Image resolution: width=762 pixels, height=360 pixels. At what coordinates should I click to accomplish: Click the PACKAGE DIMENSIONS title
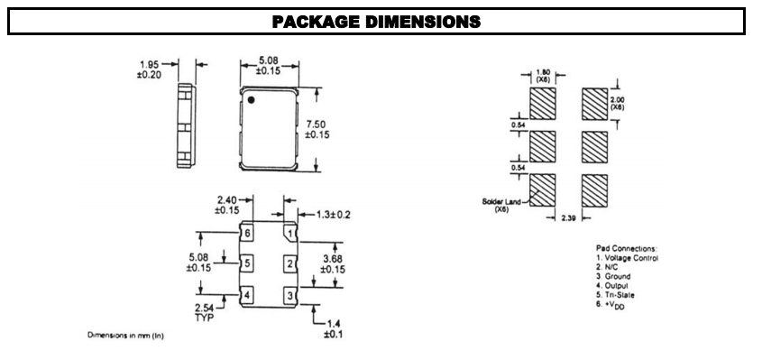380,21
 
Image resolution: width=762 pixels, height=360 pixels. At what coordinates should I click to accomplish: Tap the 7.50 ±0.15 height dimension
342,129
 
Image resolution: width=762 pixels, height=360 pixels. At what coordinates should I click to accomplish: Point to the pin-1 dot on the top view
253,99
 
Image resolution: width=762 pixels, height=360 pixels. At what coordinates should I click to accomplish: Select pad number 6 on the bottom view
246,234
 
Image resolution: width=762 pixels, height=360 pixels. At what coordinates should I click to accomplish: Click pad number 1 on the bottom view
289,234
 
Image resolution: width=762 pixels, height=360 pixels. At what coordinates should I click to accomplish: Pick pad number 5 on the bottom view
246,264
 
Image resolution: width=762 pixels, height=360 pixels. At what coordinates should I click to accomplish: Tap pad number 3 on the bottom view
289,295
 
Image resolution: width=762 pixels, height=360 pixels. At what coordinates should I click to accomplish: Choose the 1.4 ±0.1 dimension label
331,328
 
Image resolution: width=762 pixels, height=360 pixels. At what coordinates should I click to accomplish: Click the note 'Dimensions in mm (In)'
125,336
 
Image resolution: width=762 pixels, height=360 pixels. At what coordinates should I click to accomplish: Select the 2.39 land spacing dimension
565,218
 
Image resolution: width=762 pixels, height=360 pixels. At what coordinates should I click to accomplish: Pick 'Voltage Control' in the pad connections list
631,258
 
